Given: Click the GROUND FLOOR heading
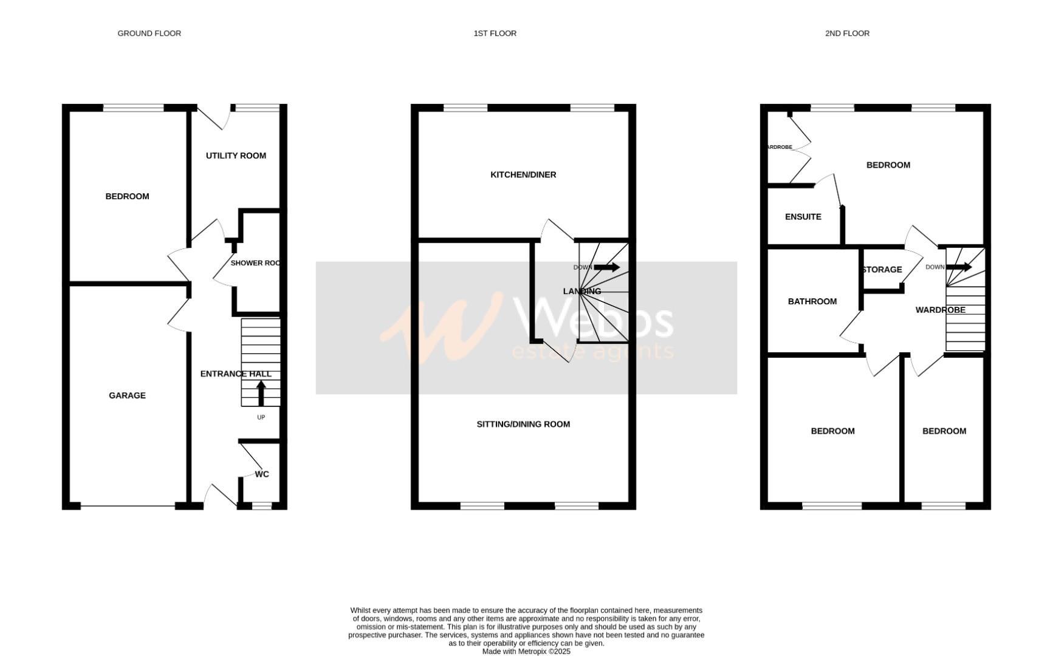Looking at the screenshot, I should click(x=149, y=33).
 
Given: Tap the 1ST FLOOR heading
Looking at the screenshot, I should click(x=495, y=33).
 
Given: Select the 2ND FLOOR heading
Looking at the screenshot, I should click(x=846, y=33).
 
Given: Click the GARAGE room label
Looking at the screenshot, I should click(x=127, y=395).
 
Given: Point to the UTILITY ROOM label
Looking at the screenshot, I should click(x=236, y=155).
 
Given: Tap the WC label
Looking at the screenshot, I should click(x=262, y=474).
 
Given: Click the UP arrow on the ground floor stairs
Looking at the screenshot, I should click(x=261, y=392).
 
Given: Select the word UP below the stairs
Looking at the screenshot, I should click(x=261, y=417).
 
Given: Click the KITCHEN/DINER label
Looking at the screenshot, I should click(x=523, y=175).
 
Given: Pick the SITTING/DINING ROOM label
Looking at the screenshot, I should click(x=523, y=425).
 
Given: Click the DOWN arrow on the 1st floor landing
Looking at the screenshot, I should click(x=606, y=267).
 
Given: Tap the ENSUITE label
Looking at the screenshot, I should click(x=803, y=217).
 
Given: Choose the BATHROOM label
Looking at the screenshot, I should click(x=812, y=301).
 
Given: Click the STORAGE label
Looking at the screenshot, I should click(x=882, y=270).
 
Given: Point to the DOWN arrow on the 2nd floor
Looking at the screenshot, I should click(x=959, y=267).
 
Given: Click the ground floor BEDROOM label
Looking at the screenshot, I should click(x=127, y=196).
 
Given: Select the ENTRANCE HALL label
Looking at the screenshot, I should click(x=236, y=374).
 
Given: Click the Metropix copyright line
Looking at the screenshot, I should click(x=526, y=651).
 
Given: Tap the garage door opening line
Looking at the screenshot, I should click(x=128, y=506).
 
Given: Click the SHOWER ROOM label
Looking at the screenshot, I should click(x=256, y=263).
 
